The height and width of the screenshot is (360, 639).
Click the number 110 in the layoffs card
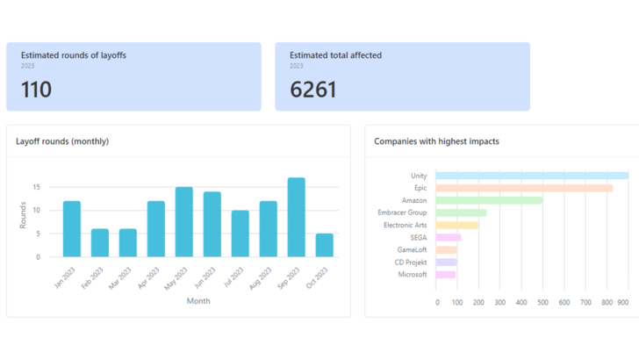36,90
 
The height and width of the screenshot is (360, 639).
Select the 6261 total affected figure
312,90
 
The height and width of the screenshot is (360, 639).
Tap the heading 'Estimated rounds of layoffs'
74,55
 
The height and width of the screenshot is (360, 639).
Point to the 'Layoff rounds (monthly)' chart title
62,141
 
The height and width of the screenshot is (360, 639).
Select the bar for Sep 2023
296,218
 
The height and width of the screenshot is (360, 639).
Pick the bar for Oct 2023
324,245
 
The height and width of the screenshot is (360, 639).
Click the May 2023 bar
183,222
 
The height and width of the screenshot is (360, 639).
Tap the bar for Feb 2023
99,243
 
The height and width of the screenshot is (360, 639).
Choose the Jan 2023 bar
71,229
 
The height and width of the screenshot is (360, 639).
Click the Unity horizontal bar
531,176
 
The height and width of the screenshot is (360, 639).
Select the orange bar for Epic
524,188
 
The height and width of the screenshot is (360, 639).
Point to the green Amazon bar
489,200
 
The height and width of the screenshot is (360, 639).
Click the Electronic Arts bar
457,225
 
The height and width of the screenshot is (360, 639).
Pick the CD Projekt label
410,262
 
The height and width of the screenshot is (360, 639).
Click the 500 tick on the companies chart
542,302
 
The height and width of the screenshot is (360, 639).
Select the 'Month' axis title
198,301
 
